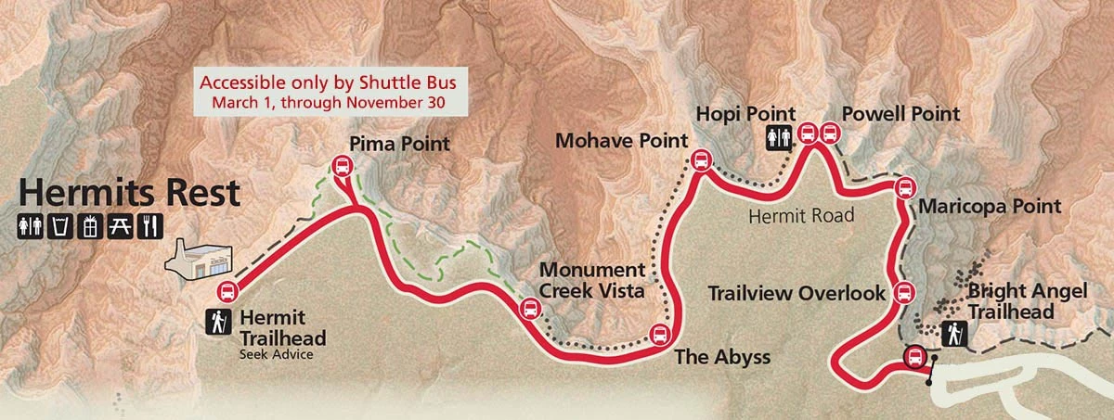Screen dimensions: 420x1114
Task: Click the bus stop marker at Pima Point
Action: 342,167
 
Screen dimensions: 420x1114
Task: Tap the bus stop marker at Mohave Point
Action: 700,161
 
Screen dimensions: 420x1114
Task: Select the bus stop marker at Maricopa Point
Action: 904,189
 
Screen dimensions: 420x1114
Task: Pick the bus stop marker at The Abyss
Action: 659,334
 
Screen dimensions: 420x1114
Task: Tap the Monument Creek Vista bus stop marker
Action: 529,309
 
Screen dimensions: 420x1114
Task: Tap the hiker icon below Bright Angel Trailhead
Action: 954,335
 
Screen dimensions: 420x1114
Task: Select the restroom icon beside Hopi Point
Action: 779,137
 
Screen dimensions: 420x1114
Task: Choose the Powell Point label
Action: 900,114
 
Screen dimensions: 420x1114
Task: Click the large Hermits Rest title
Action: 129,194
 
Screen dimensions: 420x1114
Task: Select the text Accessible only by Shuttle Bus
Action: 330,81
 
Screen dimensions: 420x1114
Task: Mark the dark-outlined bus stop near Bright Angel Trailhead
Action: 914,357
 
